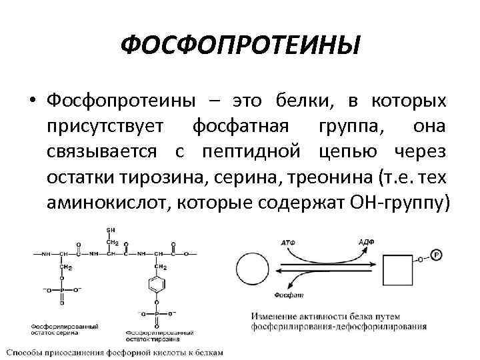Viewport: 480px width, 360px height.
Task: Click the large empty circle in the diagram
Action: tap(246, 275)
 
